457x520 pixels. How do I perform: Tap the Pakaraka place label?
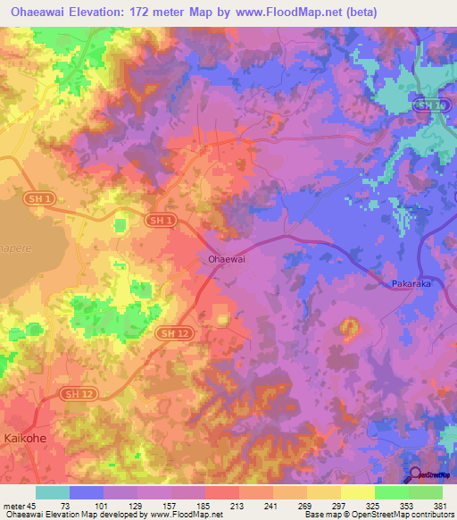pos(410,284)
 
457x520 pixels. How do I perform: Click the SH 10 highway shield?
pos(430,105)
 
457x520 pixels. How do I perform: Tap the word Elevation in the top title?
pos(105,13)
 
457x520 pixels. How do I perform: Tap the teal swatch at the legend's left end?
pos(53,492)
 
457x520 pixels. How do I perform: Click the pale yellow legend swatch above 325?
pos(358,492)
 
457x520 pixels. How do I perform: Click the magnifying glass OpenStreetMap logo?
pos(416,476)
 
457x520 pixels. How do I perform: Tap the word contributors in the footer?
pos(431,516)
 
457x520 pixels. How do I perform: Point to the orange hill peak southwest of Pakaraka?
pos(349,327)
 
